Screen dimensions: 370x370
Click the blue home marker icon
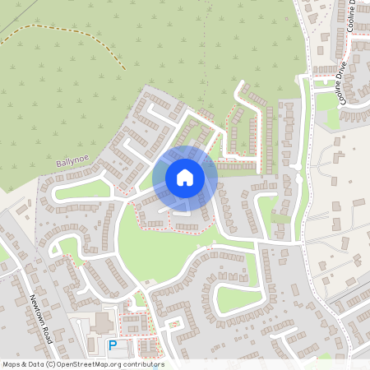[185, 178]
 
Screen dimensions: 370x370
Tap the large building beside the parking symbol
[104, 321]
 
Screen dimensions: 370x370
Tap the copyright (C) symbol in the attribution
[49, 364]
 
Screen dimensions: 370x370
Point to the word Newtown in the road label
[38, 309]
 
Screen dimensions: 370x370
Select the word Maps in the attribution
[12, 364]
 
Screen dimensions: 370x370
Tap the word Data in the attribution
[36, 364]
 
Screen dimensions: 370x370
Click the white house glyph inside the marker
[185, 177]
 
